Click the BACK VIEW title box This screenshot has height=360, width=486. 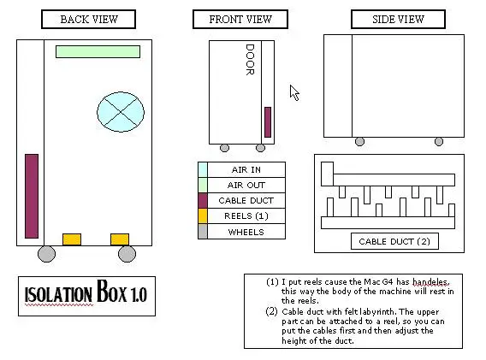point(89,19)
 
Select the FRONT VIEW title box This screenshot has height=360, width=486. point(240,19)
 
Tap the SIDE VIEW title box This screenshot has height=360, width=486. point(398,19)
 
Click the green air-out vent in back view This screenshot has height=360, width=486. point(98,52)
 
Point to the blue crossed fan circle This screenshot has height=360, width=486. point(121,112)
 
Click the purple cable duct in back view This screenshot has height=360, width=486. point(32,196)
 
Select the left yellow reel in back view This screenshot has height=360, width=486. point(72,239)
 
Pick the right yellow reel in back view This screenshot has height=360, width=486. point(120,239)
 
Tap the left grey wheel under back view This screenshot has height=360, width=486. point(46,254)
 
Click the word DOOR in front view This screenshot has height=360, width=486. point(250,60)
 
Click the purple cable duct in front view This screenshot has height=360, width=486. point(268,122)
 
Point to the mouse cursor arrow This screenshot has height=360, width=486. point(294,92)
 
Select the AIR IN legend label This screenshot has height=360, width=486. point(246,170)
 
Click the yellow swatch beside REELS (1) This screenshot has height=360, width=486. point(203,216)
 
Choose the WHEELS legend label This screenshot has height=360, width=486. point(246,232)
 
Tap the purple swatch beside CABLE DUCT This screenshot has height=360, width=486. point(203,200)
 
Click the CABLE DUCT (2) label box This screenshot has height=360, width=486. point(394,241)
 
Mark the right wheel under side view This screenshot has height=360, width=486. point(439,142)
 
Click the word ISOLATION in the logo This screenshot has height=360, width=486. point(58,294)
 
